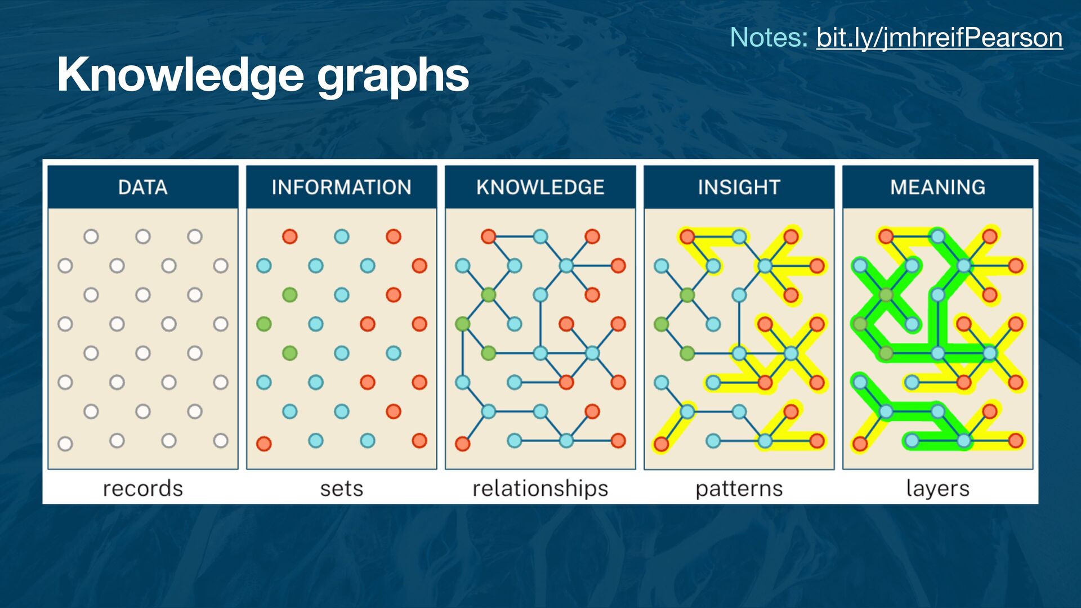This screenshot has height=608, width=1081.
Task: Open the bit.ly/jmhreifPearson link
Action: [x=939, y=38]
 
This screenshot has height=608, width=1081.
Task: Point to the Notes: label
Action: [x=769, y=38]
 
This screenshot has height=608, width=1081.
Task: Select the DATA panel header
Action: [x=143, y=187]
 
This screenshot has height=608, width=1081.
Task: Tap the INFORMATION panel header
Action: [x=341, y=187]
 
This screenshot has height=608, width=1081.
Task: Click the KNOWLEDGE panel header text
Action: [x=540, y=187]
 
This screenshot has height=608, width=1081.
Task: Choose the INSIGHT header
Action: [x=739, y=187]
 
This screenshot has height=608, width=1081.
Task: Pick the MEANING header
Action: [x=937, y=187]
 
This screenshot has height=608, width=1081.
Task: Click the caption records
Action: [x=143, y=488]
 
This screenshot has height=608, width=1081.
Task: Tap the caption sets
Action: [x=341, y=488]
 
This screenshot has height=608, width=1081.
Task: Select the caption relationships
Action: [x=540, y=488]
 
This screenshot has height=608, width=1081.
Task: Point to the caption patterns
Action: [x=739, y=488]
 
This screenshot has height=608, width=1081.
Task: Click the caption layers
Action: [x=937, y=488]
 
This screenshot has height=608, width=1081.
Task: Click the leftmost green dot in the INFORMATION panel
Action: [x=264, y=324]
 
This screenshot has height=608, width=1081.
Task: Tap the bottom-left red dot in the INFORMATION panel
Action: [x=264, y=444]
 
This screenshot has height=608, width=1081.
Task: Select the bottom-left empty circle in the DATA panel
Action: [x=65, y=444]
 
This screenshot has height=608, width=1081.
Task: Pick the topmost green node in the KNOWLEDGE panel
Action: [x=489, y=294]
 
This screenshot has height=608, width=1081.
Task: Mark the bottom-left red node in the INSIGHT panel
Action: [x=662, y=444]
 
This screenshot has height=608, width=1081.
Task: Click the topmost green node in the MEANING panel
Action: [x=886, y=294]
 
